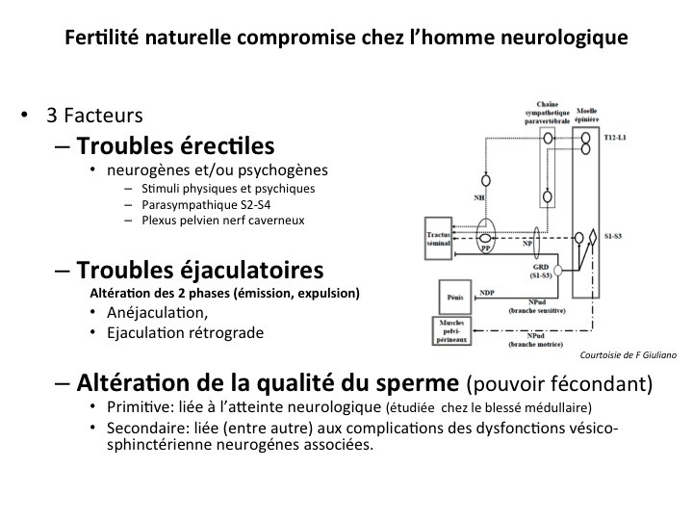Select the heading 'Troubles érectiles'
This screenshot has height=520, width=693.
pos(175,146)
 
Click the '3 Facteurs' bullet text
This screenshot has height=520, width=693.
pos(93,116)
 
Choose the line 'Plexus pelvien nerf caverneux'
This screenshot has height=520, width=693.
pos(221,221)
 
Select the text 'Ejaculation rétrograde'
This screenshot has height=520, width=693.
pos(186,333)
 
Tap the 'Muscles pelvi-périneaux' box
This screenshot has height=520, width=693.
pos(450,329)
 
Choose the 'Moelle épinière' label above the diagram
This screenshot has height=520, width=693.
pos(586,116)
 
